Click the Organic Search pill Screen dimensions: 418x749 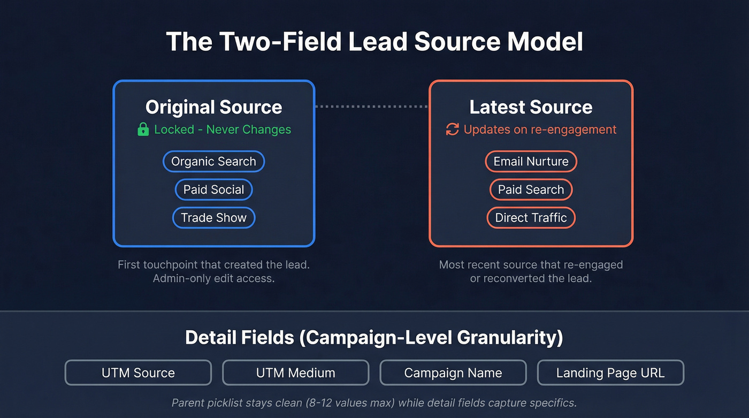click(x=213, y=162)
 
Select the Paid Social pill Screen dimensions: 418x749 click(x=213, y=189)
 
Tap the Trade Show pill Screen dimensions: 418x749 click(x=213, y=218)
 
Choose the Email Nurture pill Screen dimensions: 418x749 click(x=531, y=162)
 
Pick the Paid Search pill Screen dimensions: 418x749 click(x=531, y=189)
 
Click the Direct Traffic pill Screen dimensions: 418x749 click(x=531, y=218)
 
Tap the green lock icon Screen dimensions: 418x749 click(x=143, y=130)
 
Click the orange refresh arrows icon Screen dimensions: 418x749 click(x=453, y=130)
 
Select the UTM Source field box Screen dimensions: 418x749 click(x=138, y=373)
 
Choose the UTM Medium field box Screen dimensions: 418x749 click(x=295, y=373)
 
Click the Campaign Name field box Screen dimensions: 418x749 click(x=453, y=373)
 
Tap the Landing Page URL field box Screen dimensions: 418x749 click(x=610, y=373)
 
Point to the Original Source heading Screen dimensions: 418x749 click(x=213, y=107)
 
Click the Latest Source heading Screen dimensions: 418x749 click(x=531, y=107)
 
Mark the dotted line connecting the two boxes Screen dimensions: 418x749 click(x=372, y=107)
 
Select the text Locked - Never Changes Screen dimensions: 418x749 click(x=223, y=130)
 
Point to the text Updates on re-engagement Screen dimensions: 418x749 click(x=540, y=130)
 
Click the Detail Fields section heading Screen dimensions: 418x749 click(x=374, y=338)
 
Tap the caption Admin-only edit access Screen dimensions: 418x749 click(x=213, y=278)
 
